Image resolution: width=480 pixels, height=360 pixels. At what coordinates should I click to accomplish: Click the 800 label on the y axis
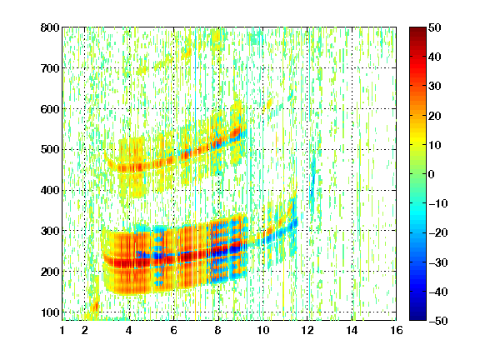point(50,27)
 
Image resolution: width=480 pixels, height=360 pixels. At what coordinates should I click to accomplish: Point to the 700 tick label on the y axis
point(50,68)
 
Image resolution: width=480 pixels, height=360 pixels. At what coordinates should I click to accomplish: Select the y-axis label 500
point(50,150)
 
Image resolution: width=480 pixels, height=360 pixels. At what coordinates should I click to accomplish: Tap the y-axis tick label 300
point(50,231)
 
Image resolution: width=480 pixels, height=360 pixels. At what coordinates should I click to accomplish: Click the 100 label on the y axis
point(50,312)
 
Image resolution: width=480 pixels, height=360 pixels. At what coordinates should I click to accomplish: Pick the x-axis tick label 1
point(62,330)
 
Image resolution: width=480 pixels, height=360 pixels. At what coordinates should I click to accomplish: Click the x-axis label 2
point(85,330)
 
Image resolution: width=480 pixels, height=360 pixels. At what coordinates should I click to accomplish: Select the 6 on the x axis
point(174,330)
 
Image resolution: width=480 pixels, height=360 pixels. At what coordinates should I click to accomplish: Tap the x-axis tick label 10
point(263,330)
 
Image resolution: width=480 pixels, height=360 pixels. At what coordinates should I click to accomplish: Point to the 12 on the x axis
point(307,330)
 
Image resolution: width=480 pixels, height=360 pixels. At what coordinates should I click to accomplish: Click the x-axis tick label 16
point(397,330)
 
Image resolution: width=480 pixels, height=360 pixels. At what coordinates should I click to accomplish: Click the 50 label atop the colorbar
point(435,27)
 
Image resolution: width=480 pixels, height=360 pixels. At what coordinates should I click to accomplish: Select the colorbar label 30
point(435,87)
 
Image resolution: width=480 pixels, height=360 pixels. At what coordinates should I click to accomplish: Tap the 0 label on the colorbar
point(432,174)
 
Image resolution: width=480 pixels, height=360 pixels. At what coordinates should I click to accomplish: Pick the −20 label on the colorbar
point(438,233)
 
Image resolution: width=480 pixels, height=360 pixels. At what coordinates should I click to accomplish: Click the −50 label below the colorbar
point(438,321)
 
